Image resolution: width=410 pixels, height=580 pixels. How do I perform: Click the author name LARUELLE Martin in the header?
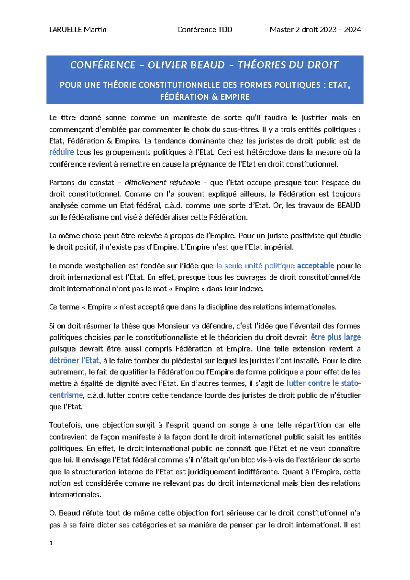coord(78,30)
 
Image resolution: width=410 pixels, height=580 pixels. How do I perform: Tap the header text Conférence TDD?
coord(205,30)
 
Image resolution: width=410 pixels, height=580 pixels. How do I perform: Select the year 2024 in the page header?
coord(353,30)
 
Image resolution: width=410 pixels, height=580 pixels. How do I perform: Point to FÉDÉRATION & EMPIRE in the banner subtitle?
coord(205,97)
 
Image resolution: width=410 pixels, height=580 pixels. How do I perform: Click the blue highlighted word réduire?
coord(61,152)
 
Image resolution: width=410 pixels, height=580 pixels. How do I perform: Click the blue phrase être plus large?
coord(336,337)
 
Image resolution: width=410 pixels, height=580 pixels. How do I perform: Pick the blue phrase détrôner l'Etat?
coord(74,360)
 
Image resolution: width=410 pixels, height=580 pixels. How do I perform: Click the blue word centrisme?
coord(66,395)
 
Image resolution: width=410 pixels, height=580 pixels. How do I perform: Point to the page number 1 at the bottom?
coord(51,543)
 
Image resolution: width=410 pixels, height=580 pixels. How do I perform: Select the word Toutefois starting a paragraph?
coord(65,425)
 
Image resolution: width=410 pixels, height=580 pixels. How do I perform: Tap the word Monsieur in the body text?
coord(172,326)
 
